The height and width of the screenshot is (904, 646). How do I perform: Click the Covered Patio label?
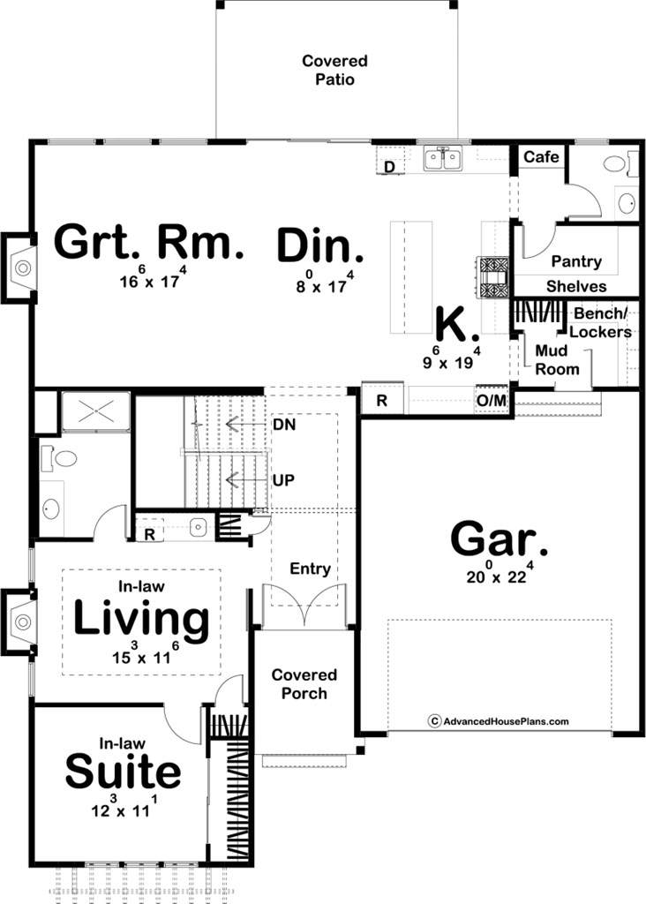tap(334, 70)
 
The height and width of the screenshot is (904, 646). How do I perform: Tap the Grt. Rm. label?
tap(149, 243)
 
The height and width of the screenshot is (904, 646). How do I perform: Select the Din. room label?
tap(320, 246)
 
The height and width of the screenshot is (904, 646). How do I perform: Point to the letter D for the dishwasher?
tap(389, 167)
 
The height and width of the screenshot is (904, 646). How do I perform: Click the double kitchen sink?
tap(442, 159)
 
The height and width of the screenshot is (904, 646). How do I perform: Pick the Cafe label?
tap(541, 157)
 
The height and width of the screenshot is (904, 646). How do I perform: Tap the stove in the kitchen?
tap(494, 277)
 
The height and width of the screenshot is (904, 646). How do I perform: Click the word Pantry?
tap(576, 261)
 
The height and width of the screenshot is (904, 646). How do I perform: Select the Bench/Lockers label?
tap(600, 323)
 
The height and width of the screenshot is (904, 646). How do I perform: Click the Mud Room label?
tap(556, 360)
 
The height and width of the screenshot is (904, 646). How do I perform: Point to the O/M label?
tap(492, 400)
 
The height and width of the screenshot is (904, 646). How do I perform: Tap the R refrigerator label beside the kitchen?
tap(381, 401)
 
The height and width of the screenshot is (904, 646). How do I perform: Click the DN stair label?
tap(284, 425)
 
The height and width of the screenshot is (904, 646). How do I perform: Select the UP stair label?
tap(283, 479)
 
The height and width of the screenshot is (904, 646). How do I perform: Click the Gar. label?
tap(499, 539)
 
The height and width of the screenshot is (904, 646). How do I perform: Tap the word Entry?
tap(310, 569)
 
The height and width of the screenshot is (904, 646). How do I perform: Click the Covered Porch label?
tap(304, 684)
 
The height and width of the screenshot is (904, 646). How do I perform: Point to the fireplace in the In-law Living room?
tap(19, 622)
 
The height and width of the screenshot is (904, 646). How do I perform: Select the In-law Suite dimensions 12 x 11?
tap(124, 807)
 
